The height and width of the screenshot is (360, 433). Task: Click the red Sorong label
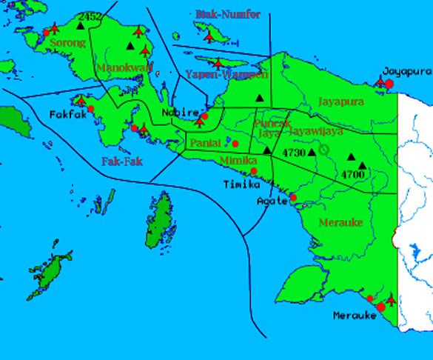67,43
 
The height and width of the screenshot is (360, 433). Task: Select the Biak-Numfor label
228,14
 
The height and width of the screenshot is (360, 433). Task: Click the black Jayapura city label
407,71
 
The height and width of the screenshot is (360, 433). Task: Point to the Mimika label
238,159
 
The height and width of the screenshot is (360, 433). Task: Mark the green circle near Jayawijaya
325,150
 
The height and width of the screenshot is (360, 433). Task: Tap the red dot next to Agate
293,198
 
